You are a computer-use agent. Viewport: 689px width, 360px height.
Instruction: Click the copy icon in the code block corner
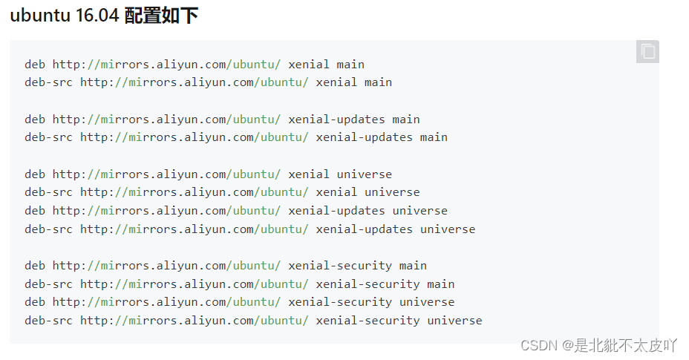pos(647,52)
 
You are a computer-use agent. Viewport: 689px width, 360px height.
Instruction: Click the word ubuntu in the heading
pos(40,16)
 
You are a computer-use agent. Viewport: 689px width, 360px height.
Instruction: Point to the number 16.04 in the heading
pos(97,16)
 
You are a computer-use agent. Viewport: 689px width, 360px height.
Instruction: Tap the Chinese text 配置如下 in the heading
pos(161,16)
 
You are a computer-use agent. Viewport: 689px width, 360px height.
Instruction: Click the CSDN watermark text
pos(539,345)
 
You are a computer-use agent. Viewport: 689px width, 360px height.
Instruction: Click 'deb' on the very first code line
pos(35,65)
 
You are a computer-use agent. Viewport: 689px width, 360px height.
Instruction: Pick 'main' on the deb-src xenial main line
pos(378,82)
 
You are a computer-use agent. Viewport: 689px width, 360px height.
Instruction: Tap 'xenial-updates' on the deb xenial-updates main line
pos(336,120)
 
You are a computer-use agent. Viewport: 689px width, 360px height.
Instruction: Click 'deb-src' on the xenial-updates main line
pos(48,137)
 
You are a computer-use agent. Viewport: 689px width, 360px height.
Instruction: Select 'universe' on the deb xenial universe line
pos(364,174)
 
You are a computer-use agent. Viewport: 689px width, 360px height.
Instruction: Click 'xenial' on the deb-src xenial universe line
pos(336,192)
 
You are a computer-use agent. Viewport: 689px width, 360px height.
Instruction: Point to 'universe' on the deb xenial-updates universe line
pos(419,211)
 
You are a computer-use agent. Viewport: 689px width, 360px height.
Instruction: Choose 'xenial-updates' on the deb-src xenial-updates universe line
pos(364,229)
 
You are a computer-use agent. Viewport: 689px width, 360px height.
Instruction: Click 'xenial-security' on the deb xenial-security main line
pos(339,266)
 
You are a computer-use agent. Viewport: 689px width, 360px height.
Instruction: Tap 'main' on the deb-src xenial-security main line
pos(440,284)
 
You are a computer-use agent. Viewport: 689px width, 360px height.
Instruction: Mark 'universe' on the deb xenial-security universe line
pos(426,302)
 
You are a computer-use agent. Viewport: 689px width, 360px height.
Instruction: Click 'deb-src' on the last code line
pos(48,321)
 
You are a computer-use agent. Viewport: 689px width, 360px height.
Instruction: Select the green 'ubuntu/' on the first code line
pos(257,65)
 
